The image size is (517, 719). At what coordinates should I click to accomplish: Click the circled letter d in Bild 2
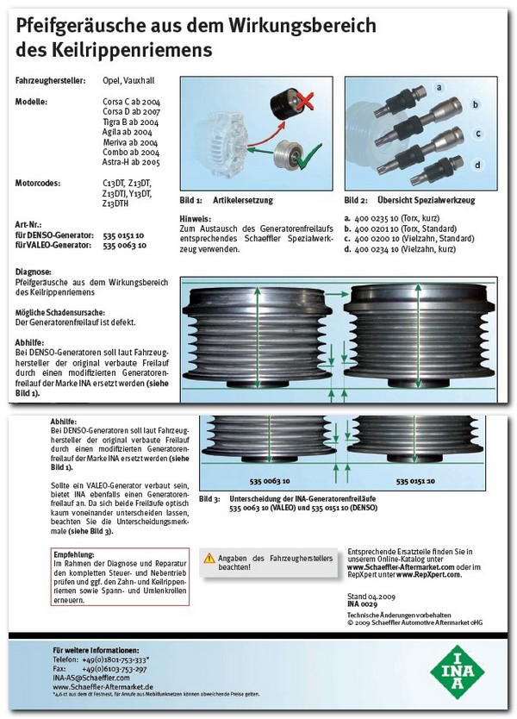point(477,163)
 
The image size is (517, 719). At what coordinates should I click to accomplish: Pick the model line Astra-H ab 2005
point(130,161)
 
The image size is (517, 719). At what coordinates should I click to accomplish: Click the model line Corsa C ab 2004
point(132,103)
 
